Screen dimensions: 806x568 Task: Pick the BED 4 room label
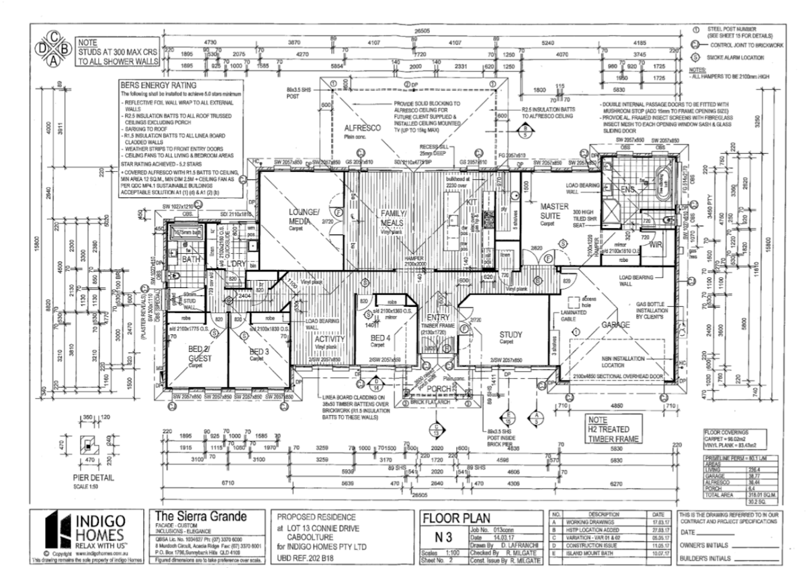point(381,337)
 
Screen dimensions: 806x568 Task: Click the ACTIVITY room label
point(330,339)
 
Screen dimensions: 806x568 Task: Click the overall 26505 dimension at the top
point(422,31)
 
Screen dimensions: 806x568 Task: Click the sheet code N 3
point(443,537)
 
